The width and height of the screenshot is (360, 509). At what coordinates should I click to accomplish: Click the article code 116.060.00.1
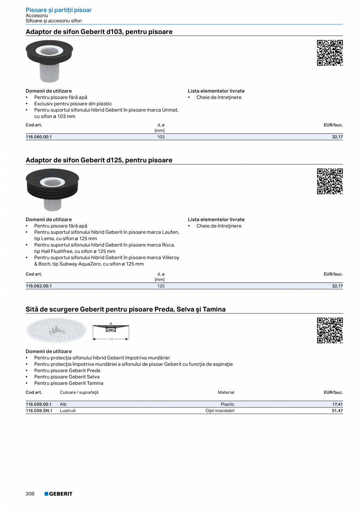coord(39,137)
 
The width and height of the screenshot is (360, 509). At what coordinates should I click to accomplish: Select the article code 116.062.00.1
coord(39,286)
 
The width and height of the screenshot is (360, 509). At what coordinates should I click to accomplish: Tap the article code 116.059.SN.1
coord(39,411)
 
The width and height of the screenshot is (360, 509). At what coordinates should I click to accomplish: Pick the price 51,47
coord(337,411)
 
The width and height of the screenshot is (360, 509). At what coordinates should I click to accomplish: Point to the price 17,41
coord(337,404)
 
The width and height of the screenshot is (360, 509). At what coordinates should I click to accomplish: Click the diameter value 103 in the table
coord(161,137)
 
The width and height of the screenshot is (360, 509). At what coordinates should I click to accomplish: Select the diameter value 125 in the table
coord(161,286)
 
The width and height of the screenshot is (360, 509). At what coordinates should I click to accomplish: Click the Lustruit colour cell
coord(68,411)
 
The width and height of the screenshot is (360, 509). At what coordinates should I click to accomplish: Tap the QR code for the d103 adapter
coord(329,53)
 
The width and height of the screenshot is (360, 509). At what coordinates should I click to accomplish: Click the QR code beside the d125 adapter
coord(329,181)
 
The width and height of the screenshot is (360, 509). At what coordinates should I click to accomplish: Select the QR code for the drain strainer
coord(329,331)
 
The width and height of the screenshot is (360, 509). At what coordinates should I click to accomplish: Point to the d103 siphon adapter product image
coord(49,61)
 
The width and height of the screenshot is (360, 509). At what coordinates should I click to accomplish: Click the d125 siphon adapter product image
coord(52,189)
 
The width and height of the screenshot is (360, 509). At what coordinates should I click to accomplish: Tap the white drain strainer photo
coord(56,330)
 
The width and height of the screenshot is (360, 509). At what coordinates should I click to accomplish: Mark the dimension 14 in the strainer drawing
coord(111,339)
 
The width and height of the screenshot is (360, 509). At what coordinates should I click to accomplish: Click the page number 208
coord(30,494)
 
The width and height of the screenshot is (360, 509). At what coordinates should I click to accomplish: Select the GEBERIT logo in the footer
coord(58,494)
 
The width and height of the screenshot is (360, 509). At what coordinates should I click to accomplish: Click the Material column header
coord(226,392)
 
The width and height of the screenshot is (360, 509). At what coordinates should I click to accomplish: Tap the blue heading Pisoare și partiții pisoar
coord(59,10)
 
